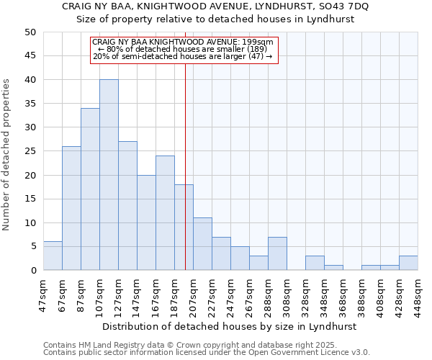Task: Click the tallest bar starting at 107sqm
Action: pos(109,175)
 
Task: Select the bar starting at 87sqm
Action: pos(90,189)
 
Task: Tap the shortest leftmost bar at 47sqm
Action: pos(53,256)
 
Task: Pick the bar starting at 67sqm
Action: pos(71,208)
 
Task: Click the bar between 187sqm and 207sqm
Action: pos(184,228)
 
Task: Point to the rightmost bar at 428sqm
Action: pos(408,263)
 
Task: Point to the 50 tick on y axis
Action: pos(30,32)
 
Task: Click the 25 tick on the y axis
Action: pos(30,151)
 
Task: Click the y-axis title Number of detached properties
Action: pos(7,155)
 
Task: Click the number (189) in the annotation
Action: pos(253,49)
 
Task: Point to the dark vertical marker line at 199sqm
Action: pos(185,180)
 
